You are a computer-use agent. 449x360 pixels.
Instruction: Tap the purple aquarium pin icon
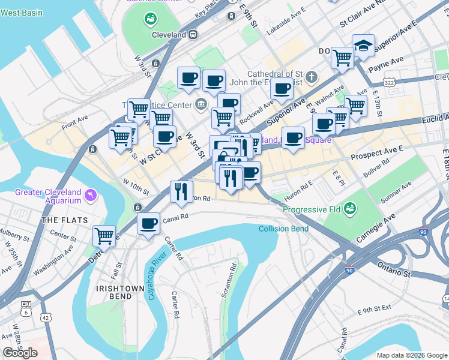tap(91, 194)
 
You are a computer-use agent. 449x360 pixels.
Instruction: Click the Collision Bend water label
tap(283, 229)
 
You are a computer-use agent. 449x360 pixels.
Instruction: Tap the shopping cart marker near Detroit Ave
tap(104, 235)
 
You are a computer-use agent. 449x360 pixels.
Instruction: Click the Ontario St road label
tap(394, 269)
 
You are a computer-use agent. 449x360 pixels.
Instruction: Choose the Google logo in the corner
tap(20, 353)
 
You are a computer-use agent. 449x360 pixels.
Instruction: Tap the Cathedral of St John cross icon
tap(311, 77)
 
